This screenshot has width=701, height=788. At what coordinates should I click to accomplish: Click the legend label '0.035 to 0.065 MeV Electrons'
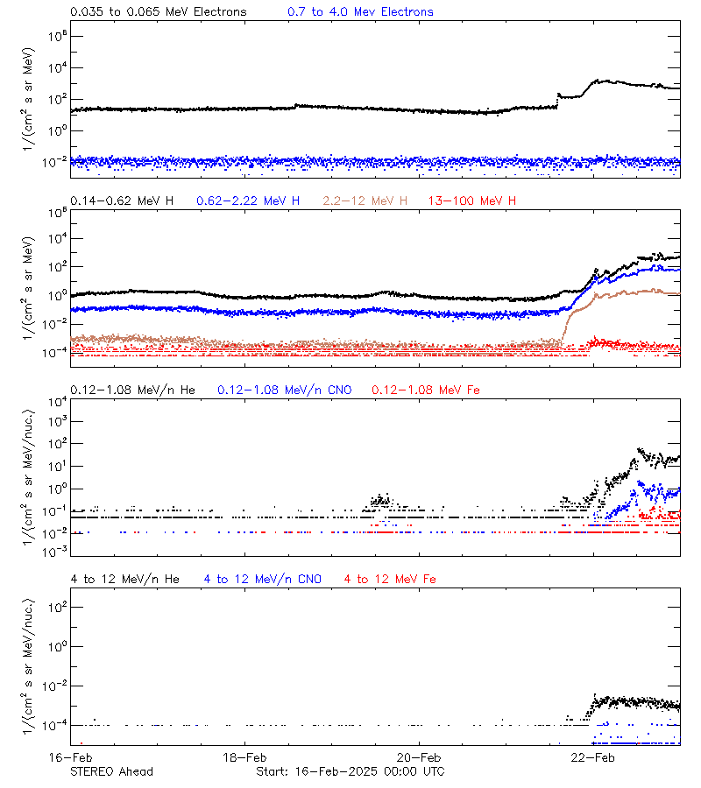click(x=159, y=12)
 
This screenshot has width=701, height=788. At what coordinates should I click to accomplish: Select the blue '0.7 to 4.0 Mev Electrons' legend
click(x=360, y=12)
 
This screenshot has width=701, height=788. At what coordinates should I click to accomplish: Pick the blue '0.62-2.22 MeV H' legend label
click(x=248, y=201)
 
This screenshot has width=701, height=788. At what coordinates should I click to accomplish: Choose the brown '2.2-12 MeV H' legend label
click(x=365, y=201)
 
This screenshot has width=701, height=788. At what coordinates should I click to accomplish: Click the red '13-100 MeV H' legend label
click(x=472, y=201)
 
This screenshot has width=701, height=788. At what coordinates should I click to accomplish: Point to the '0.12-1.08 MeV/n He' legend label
click(x=136, y=390)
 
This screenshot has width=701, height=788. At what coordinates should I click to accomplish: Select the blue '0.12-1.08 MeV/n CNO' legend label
click(x=284, y=390)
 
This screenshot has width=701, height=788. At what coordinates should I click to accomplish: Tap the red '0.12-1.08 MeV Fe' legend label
click(x=426, y=390)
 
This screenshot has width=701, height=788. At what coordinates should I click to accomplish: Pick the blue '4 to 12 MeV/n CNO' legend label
click(x=263, y=579)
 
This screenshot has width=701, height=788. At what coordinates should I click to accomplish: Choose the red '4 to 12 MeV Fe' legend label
click(x=390, y=579)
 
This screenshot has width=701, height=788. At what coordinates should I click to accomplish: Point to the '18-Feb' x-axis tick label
click(x=244, y=757)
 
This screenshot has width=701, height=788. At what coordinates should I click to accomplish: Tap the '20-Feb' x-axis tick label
click(x=419, y=757)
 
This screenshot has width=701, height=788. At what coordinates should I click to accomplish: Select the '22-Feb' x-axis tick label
click(x=593, y=757)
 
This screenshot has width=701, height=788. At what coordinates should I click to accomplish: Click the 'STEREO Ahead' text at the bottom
click(x=111, y=771)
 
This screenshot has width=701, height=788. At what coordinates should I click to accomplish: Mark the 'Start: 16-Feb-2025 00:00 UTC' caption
click(x=350, y=771)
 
